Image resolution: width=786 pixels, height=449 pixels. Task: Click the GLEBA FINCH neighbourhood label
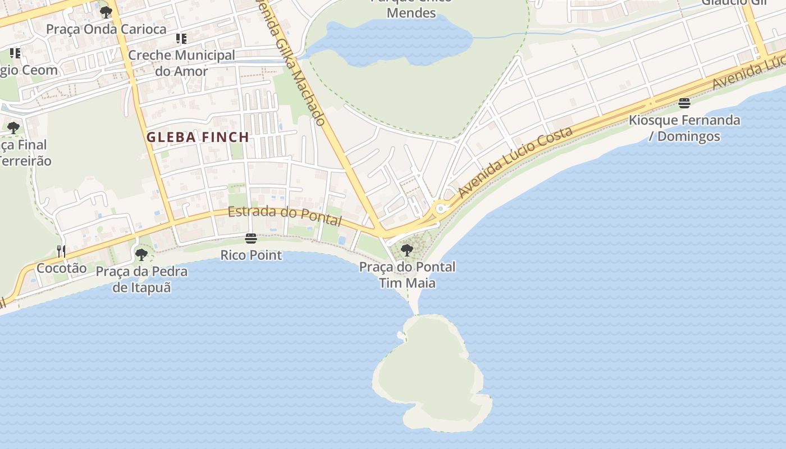[x=198, y=137]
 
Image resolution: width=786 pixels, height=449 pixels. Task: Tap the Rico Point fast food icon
[x=251, y=239]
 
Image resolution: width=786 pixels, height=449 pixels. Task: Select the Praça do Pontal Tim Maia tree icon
[x=407, y=250]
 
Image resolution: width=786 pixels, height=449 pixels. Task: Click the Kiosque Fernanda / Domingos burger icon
[x=684, y=103]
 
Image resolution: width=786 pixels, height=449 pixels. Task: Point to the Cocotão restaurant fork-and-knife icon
[x=61, y=251]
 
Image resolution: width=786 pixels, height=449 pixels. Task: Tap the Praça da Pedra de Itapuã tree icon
[x=141, y=255]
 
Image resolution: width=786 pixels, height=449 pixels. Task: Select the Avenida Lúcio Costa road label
[x=515, y=162]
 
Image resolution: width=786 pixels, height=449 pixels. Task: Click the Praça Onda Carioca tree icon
[x=106, y=12]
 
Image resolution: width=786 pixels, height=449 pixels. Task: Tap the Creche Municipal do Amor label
[x=181, y=63]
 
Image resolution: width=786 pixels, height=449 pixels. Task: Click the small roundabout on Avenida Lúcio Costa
[x=441, y=209]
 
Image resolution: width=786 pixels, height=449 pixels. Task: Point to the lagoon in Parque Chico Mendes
[x=393, y=39]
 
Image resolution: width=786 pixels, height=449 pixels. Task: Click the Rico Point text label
[x=251, y=255]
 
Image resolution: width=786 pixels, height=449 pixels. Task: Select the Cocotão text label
[x=62, y=268]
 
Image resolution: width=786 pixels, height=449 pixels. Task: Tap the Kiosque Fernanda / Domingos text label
[x=684, y=128]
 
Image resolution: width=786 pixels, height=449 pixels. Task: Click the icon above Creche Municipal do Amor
[x=181, y=39]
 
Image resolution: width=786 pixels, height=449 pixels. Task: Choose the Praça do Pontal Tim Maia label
[x=408, y=274]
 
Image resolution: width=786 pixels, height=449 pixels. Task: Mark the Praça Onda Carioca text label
[x=106, y=29]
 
